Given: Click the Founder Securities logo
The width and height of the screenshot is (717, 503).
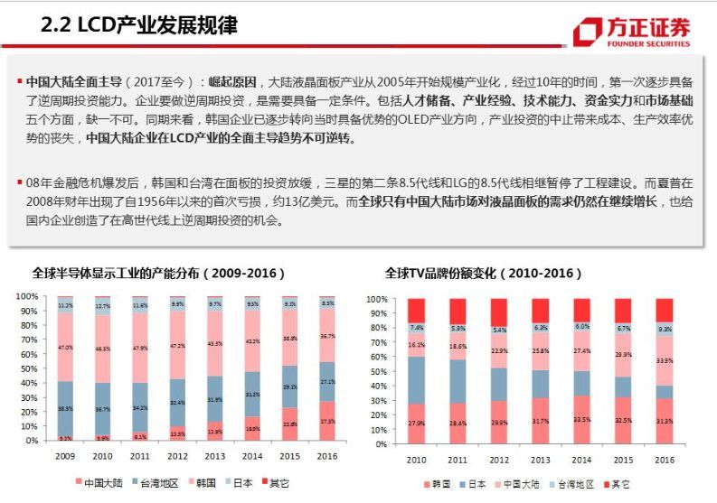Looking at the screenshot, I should pyautogui.click(x=632, y=33).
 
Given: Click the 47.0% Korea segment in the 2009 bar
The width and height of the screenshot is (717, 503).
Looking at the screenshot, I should pyautogui.click(x=65, y=346).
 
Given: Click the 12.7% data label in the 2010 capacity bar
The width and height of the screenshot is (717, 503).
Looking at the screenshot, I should pyautogui.click(x=102, y=305).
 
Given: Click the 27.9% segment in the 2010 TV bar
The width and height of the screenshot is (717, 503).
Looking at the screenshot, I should pyautogui.click(x=417, y=424).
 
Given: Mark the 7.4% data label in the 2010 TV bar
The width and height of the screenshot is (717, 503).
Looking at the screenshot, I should pyautogui.click(x=417, y=328).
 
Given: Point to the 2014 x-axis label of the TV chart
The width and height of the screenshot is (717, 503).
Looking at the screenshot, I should pyautogui.click(x=581, y=460).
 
